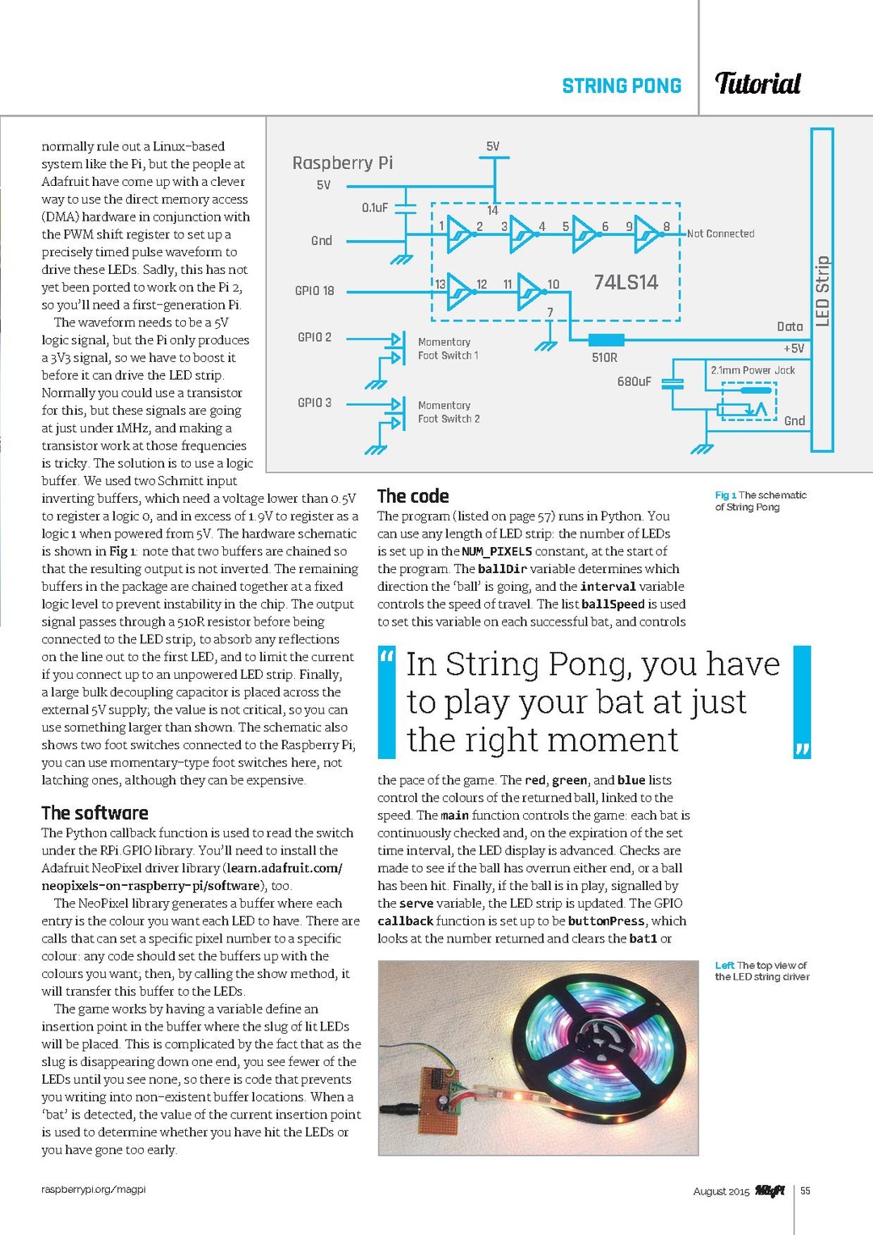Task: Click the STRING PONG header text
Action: coord(622,86)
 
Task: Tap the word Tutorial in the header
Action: coord(757,83)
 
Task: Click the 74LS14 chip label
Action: coord(626,282)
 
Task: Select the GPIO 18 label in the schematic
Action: coord(314,290)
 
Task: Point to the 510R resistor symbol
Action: coord(606,339)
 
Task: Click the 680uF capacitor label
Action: coord(634,381)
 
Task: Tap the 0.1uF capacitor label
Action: coord(374,208)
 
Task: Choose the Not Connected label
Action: coord(720,234)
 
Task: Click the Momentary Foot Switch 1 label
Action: coord(448,348)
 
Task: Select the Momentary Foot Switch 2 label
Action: coord(449,412)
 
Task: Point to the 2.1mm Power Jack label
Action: coord(753,370)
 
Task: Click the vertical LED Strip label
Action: coord(822,291)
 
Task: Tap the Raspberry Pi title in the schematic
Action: coord(343,162)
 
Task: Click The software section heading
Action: coord(95,813)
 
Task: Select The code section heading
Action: coord(413,496)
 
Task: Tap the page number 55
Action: coord(805,1191)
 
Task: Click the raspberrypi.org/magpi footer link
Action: coord(94,1189)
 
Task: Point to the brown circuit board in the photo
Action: coord(436,1100)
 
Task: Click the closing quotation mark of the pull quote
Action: coord(802,749)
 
